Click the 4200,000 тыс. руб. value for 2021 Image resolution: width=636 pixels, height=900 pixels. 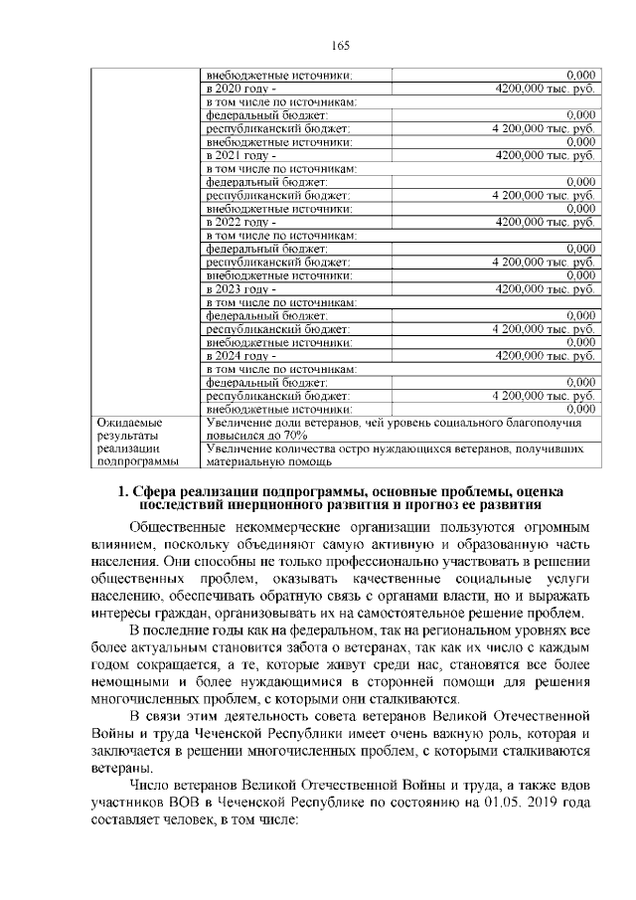546,156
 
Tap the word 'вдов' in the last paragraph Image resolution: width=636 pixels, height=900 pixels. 576,788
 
